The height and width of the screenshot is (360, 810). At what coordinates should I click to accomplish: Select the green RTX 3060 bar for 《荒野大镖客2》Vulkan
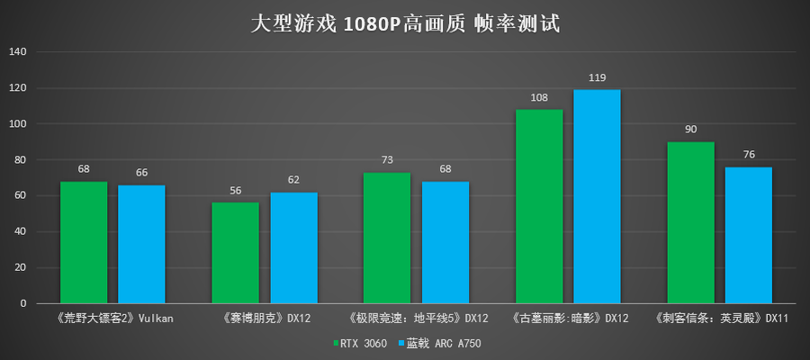(x=84, y=243)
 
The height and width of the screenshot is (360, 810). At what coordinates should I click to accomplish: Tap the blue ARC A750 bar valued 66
(x=141, y=245)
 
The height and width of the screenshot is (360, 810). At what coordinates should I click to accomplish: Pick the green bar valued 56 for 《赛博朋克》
(x=236, y=253)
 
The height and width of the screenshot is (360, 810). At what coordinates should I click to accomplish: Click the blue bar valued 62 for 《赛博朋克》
(x=293, y=248)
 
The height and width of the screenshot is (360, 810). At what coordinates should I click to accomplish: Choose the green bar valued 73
(x=387, y=238)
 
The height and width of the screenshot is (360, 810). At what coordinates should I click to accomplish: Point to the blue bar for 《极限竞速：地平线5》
(x=445, y=243)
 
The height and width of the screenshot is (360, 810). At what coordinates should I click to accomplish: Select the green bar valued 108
(x=539, y=207)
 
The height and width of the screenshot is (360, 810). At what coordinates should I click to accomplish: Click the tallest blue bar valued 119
(x=597, y=197)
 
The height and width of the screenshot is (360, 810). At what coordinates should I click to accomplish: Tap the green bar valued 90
(x=691, y=223)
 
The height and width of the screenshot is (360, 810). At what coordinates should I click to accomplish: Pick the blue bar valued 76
(x=749, y=236)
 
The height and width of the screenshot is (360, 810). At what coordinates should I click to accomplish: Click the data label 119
(x=597, y=78)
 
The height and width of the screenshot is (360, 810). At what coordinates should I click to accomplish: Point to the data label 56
(x=236, y=192)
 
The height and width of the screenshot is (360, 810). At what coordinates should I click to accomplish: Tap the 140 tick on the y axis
(x=19, y=52)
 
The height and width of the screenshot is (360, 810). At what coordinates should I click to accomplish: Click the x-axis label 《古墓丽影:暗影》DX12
(x=569, y=318)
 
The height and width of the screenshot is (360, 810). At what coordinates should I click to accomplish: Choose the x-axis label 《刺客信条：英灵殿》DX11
(x=720, y=318)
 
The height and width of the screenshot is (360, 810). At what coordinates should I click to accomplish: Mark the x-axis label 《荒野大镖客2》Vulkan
(x=112, y=318)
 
